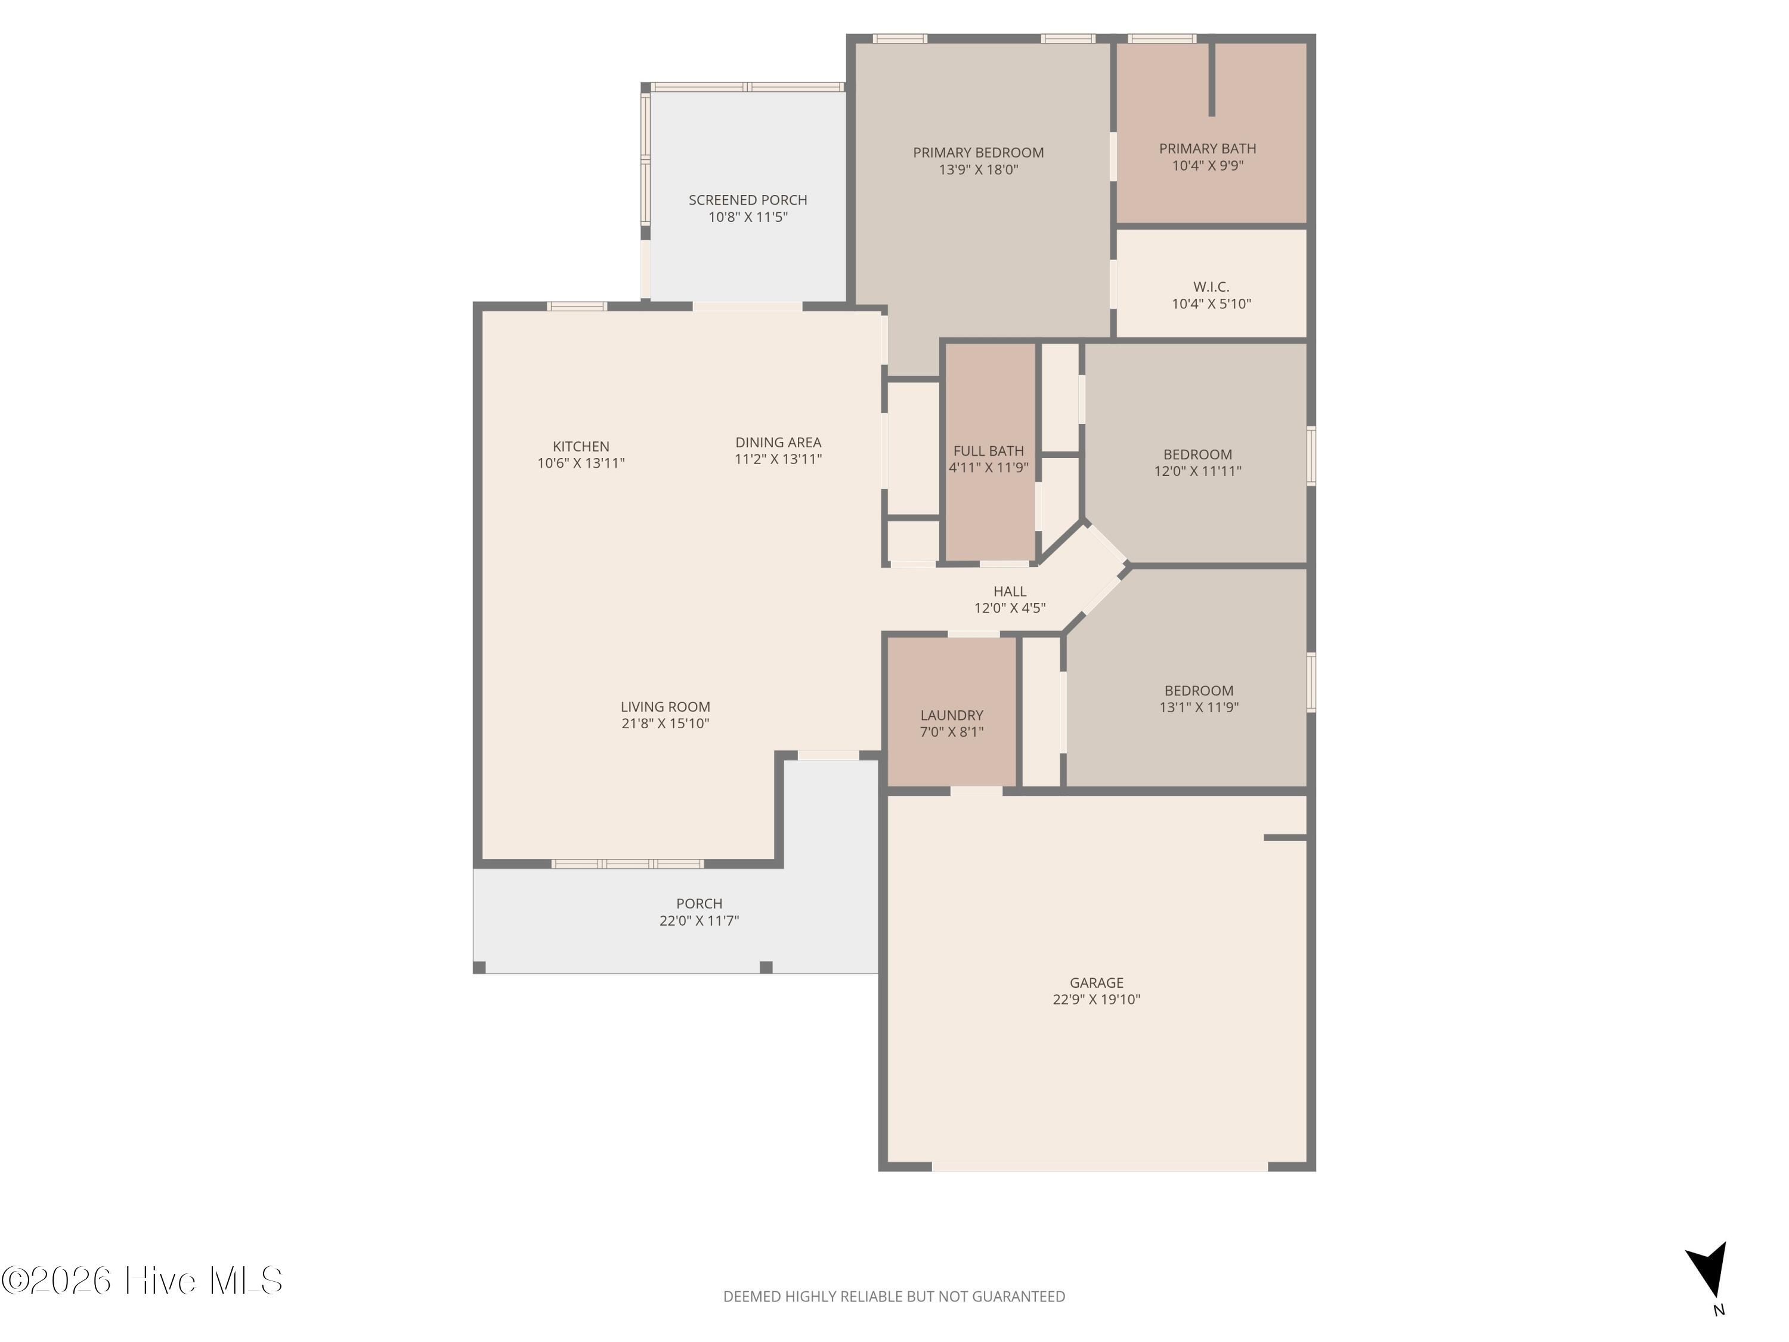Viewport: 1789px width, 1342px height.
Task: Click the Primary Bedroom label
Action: (978, 153)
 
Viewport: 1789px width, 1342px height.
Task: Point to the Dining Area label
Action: (778, 443)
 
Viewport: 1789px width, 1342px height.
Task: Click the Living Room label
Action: (665, 707)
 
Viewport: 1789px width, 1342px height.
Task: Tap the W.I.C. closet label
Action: (1211, 287)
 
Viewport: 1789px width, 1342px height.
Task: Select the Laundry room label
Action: (951, 715)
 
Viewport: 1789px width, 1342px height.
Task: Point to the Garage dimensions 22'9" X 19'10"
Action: (1096, 999)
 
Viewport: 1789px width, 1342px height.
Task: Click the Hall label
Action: (1010, 591)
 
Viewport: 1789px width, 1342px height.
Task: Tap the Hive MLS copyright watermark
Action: (143, 1281)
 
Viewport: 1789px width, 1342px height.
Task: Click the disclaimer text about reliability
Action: (894, 1297)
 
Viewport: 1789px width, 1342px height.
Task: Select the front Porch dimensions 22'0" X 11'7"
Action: (699, 920)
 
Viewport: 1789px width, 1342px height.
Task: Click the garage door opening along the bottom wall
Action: (1100, 1167)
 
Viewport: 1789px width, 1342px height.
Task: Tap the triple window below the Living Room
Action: (627, 864)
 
